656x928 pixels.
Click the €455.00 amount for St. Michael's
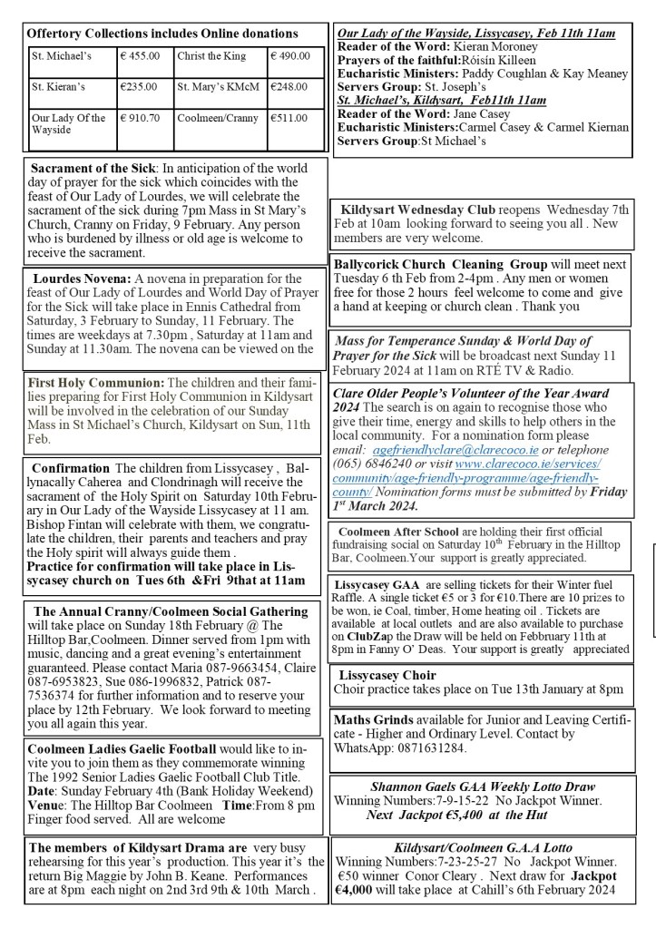tap(140, 56)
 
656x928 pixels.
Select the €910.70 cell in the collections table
tap(140, 118)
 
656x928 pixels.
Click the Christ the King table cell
tap(211, 56)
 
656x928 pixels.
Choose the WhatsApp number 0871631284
tap(423, 748)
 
